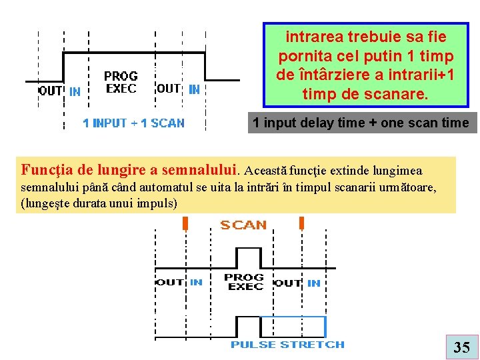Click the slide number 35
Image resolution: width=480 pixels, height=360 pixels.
point(461,347)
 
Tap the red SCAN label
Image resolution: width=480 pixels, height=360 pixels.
point(243,225)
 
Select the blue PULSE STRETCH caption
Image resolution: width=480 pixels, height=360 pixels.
point(287,345)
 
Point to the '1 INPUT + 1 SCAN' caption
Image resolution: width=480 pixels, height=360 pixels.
point(133,123)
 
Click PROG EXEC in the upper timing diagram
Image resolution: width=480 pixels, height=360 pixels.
point(121,82)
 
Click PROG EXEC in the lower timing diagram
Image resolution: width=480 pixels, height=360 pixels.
point(244,281)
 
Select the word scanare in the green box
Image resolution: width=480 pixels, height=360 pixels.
point(396,95)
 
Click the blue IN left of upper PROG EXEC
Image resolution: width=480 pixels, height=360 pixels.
point(75,91)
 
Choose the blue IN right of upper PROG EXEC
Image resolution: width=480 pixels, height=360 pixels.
point(194,89)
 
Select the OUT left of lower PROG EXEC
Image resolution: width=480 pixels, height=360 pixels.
point(169,282)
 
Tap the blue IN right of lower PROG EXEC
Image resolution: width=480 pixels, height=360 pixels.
point(313,283)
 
